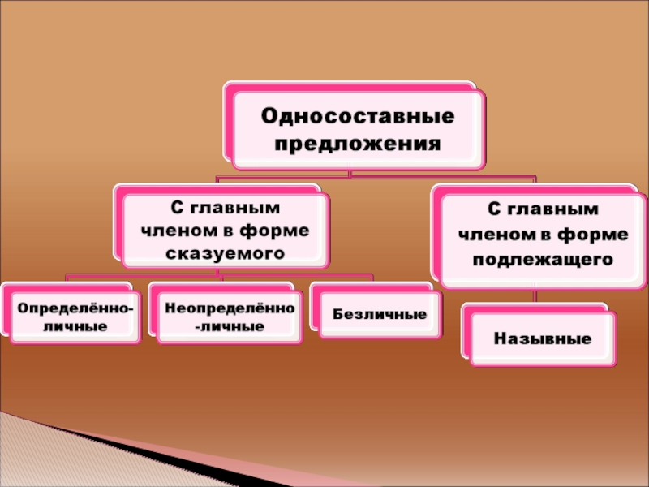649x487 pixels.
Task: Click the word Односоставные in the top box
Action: pyautogui.click(x=357, y=115)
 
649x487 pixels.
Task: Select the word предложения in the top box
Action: pyautogui.click(x=357, y=144)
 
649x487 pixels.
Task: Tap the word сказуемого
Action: pyautogui.click(x=226, y=253)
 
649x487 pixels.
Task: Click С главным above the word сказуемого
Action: pyautogui.click(x=226, y=209)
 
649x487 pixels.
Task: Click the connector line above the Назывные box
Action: pyautogui.click(x=535, y=297)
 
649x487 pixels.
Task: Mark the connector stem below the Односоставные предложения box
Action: pyautogui.click(x=349, y=171)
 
